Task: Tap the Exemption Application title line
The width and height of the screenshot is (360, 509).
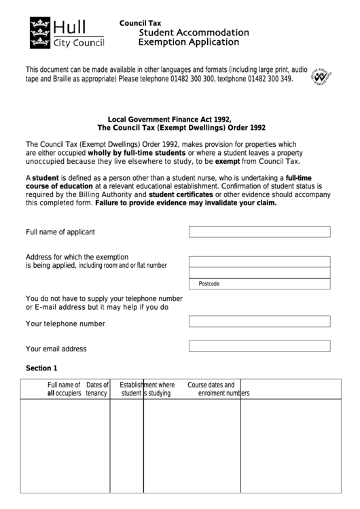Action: tap(189, 42)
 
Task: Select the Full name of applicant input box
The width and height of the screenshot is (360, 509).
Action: tap(259, 232)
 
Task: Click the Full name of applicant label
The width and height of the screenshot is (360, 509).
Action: tap(60, 232)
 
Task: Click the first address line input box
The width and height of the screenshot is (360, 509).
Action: tap(259, 262)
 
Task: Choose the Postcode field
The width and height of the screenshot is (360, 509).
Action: tap(259, 283)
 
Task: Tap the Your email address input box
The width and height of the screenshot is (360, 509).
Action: tap(259, 346)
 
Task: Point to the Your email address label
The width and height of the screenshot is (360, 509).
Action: tap(56, 349)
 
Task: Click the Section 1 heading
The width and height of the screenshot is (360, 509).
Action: tap(41, 368)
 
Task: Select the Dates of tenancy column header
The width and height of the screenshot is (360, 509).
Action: tap(97, 389)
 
